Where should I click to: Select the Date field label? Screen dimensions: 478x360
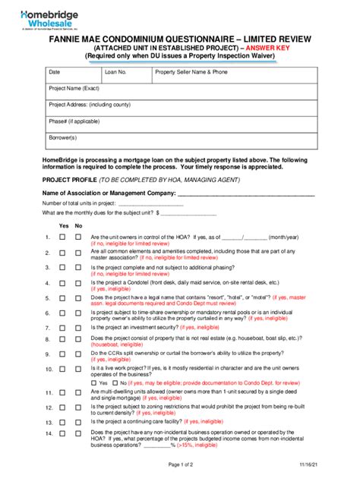point(54,72)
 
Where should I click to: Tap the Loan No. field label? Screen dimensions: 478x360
point(116,72)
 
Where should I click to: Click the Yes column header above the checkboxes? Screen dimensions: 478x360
point(64,226)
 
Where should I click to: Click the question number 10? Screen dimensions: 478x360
point(48,369)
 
